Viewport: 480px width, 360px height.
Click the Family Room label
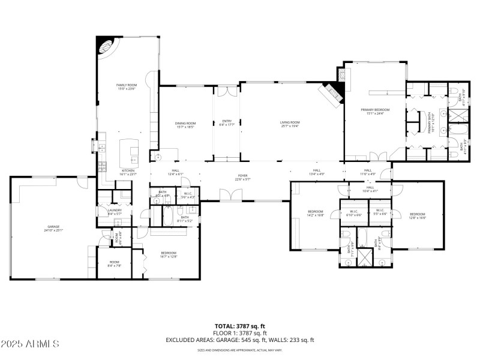click(x=127, y=88)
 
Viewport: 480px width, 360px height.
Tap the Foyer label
click(x=242, y=177)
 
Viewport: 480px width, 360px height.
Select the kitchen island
click(x=128, y=152)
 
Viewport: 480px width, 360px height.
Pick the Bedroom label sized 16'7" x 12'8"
click(x=168, y=254)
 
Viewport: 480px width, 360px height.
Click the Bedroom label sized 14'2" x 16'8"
click(x=316, y=213)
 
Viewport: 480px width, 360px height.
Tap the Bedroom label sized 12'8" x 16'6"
click(x=417, y=216)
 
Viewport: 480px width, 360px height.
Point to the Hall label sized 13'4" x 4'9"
click(x=316, y=172)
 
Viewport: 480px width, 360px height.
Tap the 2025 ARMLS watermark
click(x=30, y=344)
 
